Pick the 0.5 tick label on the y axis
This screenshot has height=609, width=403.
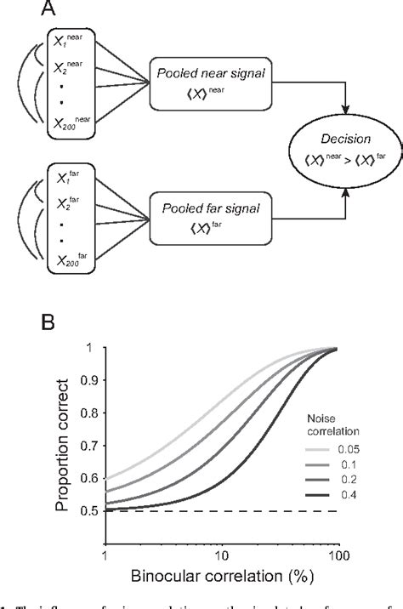pyautogui.click(x=87, y=535)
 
